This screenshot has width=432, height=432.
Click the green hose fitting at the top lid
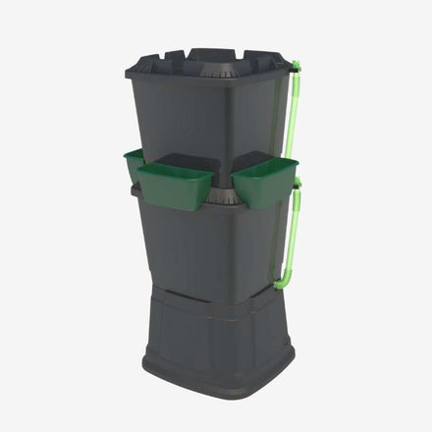click(x=295, y=67)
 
